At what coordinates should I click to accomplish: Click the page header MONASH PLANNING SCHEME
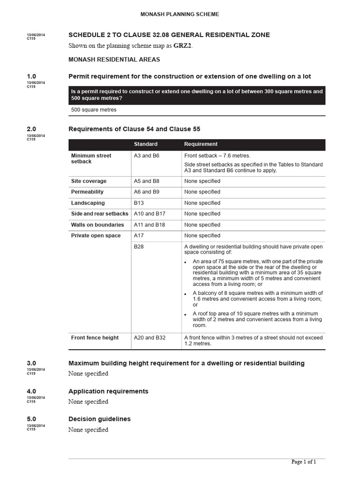pyautogui.click(x=180, y=15)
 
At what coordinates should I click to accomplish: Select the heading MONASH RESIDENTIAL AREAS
pyautogui.click(x=114, y=60)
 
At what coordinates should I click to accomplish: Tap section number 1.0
pyautogui.click(x=31, y=76)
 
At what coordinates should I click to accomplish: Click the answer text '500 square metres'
pyautogui.click(x=94, y=110)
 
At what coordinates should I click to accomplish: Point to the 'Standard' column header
pyautogui.click(x=145, y=144)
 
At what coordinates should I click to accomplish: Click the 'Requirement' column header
pyautogui.click(x=201, y=144)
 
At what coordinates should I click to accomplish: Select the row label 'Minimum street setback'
pyautogui.click(x=91, y=158)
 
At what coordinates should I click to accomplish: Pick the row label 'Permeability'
pyautogui.click(x=87, y=192)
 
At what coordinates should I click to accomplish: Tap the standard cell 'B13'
pyautogui.click(x=139, y=203)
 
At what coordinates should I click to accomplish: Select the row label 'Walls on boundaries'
pyautogui.click(x=97, y=225)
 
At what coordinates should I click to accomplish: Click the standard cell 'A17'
pyautogui.click(x=139, y=236)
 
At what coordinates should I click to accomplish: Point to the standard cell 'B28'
pyautogui.click(x=139, y=247)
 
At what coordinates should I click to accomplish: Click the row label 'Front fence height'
pyautogui.click(x=95, y=337)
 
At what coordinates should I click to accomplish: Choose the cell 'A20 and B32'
pyautogui.click(x=150, y=337)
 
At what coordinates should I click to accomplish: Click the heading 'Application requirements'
pyautogui.click(x=108, y=391)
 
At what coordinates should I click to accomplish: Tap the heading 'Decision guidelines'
pyautogui.click(x=99, y=419)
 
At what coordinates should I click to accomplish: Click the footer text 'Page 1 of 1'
pyautogui.click(x=304, y=462)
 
